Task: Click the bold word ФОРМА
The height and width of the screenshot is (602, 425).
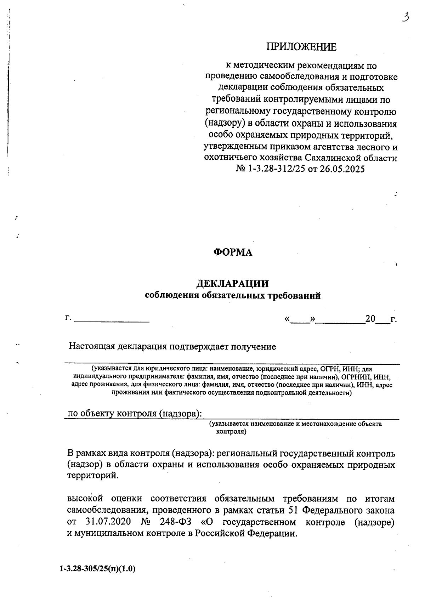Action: [233, 252]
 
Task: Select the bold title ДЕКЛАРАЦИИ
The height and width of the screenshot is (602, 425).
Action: [233, 284]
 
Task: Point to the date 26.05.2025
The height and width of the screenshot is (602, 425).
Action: [342, 169]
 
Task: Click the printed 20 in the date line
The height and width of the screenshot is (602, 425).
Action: [370, 319]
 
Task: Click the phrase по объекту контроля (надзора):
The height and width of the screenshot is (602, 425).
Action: [135, 414]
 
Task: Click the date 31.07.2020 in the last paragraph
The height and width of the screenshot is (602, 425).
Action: [108, 522]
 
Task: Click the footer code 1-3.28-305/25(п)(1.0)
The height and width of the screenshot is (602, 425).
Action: [98, 569]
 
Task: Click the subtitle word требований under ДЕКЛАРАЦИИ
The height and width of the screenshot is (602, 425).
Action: [296, 296]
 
